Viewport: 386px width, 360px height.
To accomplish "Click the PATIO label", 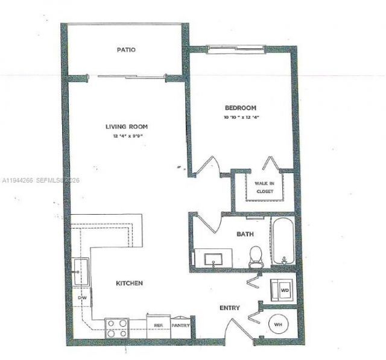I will [126, 50].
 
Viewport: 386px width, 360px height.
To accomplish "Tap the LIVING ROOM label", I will [127, 127].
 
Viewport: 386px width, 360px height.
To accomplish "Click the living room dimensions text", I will [127, 136].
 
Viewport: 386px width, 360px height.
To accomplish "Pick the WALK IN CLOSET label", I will [264, 187].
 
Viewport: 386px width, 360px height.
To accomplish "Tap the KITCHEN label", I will [130, 282].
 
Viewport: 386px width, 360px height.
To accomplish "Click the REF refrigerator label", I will [159, 326].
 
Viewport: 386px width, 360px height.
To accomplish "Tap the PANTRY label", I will [181, 326].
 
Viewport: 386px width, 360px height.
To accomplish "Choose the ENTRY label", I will [229, 308].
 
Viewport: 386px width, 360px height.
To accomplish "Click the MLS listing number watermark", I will [39, 180].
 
